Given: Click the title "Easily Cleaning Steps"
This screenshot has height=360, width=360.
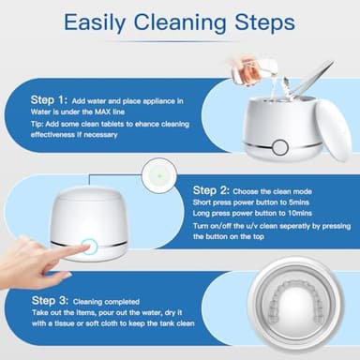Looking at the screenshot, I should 179,20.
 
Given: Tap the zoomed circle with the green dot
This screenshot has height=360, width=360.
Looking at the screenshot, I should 155,173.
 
